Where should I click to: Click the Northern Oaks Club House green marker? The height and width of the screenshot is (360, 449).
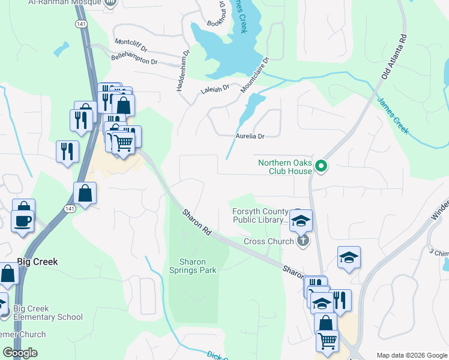[321, 166]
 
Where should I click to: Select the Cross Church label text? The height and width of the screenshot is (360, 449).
[268, 241]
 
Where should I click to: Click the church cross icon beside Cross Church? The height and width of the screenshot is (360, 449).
[303, 241]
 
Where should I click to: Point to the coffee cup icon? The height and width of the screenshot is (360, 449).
[23, 220]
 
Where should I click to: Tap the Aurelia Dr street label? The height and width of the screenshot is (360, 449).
[250, 137]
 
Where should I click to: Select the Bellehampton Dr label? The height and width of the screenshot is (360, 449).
[134, 59]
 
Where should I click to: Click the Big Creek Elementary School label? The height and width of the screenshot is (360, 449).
[48, 313]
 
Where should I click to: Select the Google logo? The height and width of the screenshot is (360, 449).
[20, 353]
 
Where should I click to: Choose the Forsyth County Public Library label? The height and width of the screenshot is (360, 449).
[261, 215]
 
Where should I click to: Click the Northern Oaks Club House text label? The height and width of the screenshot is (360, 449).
[285, 167]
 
